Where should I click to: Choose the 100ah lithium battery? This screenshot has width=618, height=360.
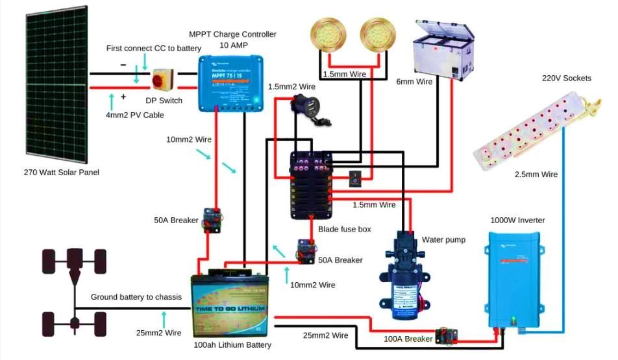(x=229, y=306)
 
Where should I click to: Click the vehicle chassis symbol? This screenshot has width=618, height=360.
(x=74, y=288)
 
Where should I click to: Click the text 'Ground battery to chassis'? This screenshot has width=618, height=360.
(x=136, y=297)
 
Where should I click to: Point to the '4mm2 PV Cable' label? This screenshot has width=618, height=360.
(x=135, y=115)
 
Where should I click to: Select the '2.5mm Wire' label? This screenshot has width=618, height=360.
(x=536, y=174)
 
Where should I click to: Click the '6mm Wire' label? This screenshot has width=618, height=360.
(x=414, y=82)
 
